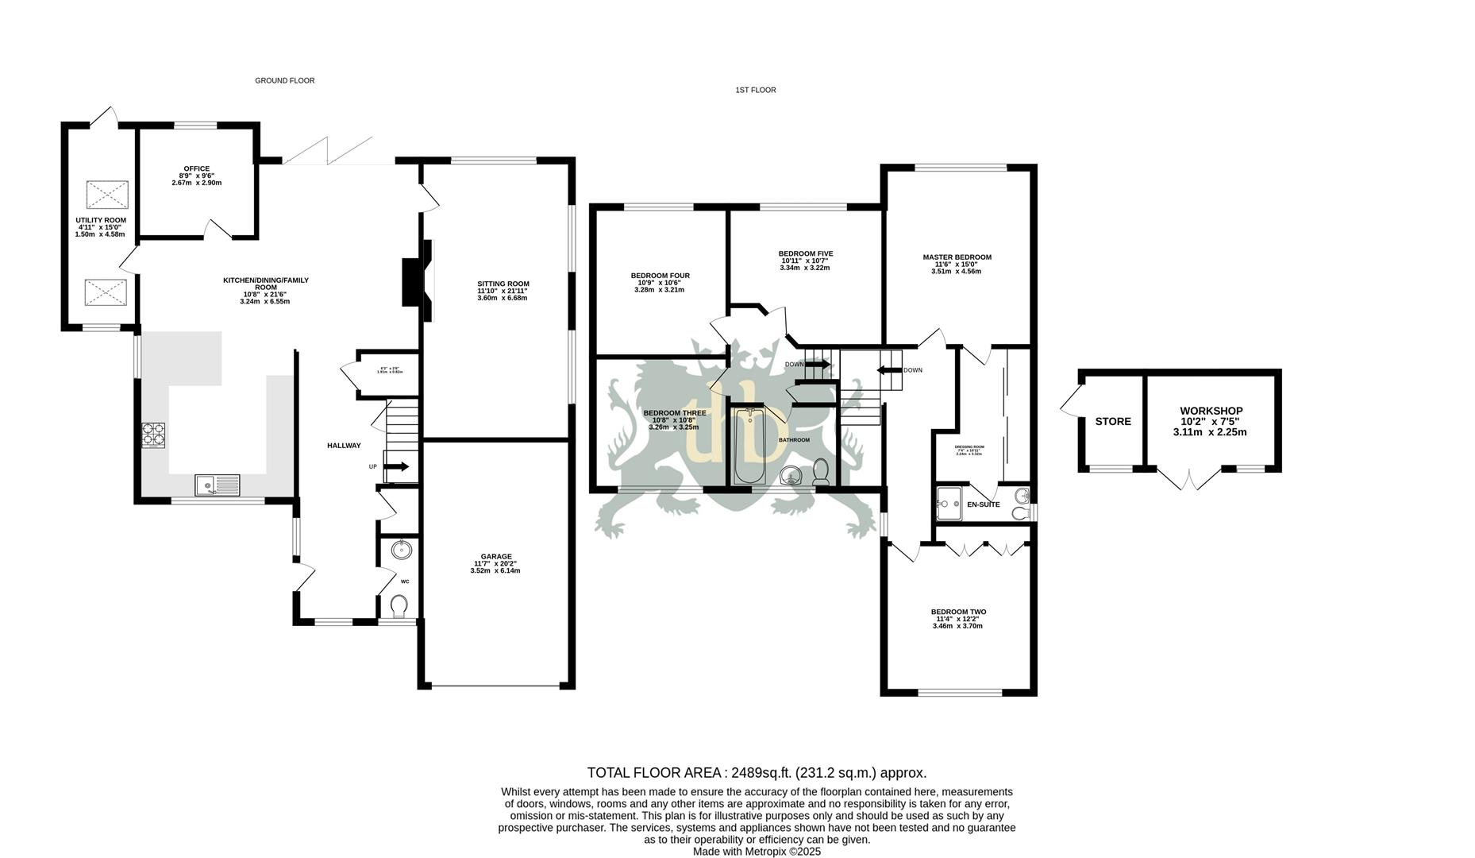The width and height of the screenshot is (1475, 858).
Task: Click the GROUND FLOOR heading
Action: click(284, 80)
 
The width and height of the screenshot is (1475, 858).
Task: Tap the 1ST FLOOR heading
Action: click(755, 90)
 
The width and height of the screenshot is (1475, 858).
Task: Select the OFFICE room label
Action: click(196, 168)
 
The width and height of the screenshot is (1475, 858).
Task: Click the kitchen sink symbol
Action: click(217, 485)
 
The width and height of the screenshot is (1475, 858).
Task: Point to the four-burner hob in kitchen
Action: click(153, 435)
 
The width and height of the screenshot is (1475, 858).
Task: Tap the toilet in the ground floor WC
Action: click(399, 607)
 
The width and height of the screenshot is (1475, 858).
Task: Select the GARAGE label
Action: click(495, 556)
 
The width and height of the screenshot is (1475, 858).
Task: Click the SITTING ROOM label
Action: click(503, 284)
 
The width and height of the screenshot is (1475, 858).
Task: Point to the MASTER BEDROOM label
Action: click(957, 257)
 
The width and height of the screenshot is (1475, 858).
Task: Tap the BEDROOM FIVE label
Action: click(805, 253)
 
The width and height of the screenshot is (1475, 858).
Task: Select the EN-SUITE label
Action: click(983, 504)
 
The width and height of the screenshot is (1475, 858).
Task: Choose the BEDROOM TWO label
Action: click(958, 612)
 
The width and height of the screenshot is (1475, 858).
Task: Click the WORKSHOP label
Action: click(1211, 411)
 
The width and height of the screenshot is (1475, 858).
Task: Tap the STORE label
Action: click(1112, 422)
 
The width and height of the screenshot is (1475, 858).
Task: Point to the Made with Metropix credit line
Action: click(756, 852)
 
